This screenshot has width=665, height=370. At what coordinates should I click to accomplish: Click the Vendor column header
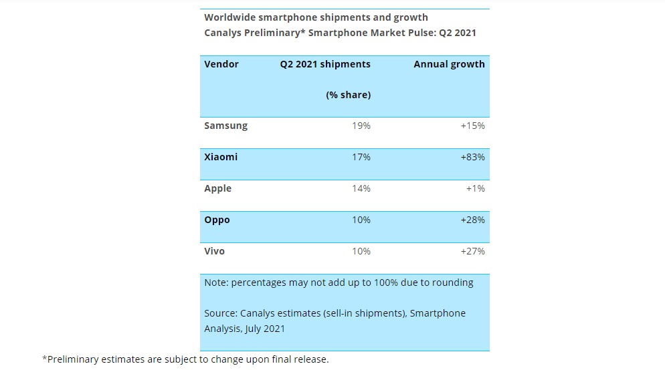tap(221, 64)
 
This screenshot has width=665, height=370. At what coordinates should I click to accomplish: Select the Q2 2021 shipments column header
tap(325, 64)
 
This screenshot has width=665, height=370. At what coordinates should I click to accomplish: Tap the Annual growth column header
tap(449, 64)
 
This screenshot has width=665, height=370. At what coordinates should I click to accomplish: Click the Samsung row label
tap(225, 126)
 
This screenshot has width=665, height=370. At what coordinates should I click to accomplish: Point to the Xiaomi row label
tap(221, 157)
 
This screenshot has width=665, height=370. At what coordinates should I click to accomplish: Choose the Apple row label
tap(217, 188)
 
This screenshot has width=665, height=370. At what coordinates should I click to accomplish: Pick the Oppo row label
tap(217, 220)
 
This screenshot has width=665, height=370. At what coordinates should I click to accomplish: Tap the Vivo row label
tap(214, 251)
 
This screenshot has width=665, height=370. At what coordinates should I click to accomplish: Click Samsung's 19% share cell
tap(361, 126)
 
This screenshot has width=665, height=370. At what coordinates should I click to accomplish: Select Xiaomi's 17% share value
tap(361, 157)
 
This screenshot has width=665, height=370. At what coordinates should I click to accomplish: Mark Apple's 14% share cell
tap(361, 188)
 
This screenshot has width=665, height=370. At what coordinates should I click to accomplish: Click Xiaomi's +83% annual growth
tap(472, 157)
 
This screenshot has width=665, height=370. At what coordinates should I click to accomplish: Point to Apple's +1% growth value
tap(475, 188)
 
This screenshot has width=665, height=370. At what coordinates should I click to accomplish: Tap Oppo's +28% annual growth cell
tap(472, 220)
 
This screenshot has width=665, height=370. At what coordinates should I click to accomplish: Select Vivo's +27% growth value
tap(472, 251)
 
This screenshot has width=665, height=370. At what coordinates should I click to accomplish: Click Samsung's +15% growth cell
tap(472, 126)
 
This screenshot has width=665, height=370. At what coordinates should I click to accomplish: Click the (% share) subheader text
tap(348, 95)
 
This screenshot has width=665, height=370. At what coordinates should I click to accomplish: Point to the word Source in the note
tap(221, 313)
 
